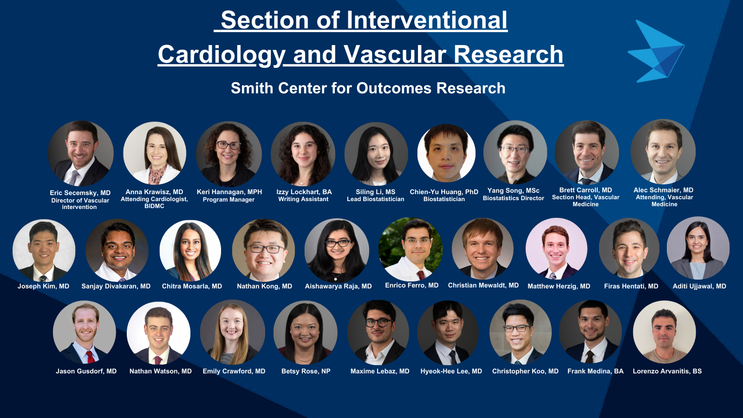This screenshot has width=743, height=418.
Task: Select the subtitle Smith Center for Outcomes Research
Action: tap(368, 88)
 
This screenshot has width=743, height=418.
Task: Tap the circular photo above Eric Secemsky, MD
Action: tap(81, 153)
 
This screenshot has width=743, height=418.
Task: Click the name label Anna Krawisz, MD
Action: tap(154, 192)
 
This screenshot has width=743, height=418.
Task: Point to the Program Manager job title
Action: tap(228, 200)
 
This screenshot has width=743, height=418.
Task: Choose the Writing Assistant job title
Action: tap(303, 199)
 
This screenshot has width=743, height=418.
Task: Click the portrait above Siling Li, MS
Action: tap(376, 154)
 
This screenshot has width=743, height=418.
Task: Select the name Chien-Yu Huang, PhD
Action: tap(444, 192)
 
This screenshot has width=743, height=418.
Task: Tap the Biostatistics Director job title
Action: tap(513, 198)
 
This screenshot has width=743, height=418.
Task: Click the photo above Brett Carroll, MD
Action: tap(587, 152)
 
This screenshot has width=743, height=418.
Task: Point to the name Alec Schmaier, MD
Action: tap(663, 190)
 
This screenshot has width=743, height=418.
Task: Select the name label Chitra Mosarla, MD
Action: tap(192, 286)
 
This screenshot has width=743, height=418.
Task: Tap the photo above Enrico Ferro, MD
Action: tap(411, 249)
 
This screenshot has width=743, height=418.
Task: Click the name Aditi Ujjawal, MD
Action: tap(699, 286)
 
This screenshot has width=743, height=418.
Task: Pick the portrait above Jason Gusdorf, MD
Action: tap(85, 333)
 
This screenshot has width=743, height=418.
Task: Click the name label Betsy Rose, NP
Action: tap(306, 371)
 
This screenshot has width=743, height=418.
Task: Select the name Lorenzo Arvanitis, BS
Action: tap(667, 371)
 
